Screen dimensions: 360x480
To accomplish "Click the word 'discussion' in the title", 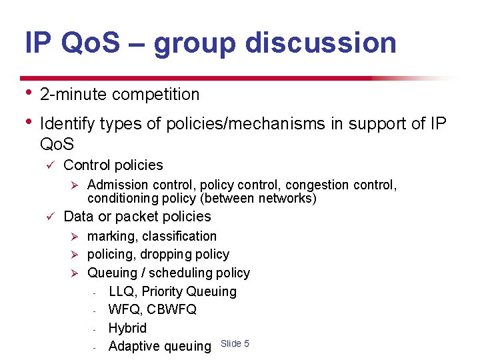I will (321, 43).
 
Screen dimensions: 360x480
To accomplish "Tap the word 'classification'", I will (179, 236).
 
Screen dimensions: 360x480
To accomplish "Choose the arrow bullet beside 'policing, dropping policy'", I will (75, 255).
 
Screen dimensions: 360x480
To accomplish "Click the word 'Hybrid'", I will (127, 328).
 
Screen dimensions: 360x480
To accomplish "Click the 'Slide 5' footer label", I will (235, 343).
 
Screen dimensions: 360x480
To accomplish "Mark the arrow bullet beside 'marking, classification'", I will (75, 237).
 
